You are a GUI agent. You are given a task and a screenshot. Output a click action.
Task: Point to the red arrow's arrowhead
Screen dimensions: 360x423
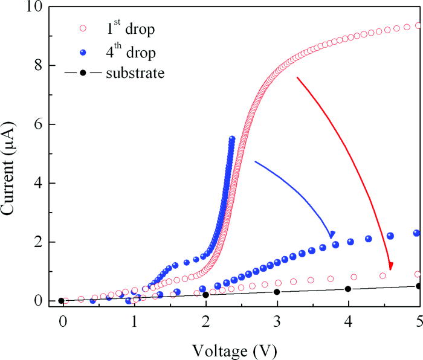pos(390,266)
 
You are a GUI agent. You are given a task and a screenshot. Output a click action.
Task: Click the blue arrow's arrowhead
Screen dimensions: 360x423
pos(332,235)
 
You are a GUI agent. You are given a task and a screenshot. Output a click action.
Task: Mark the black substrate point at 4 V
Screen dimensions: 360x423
pos(348,289)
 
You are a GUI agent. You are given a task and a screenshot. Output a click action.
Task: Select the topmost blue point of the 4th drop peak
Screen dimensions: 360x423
pos(232,139)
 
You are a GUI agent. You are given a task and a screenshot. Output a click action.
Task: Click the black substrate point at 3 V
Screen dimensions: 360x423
pos(277,292)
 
